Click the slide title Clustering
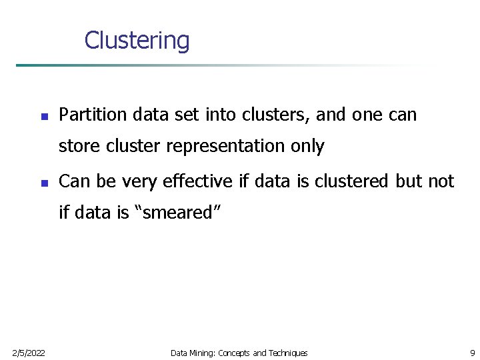(137, 41)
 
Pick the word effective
(198, 181)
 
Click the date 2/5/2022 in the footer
(28, 353)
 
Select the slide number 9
(472, 353)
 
